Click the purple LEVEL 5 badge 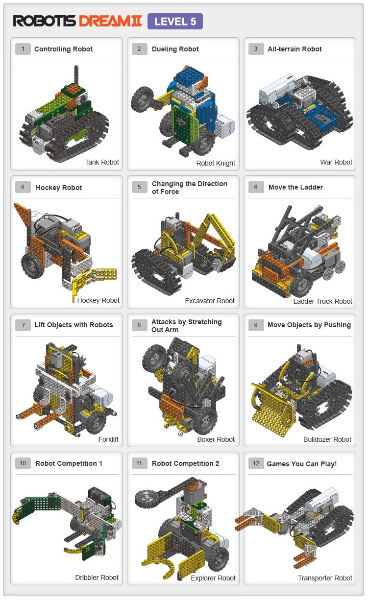pyautogui.click(x=175, y=21)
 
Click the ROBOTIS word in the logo pyautogui.click(x=45, y=21)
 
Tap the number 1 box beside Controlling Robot pyautogui.click(x=23, y=49)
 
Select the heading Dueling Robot pyautogui.click(x=175, y=49)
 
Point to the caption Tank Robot pyautogui.click(x=102, y=162)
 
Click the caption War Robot pyautogui.click(x=336, y=162)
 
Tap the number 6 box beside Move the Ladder pyautogui.click(x=256, y=187)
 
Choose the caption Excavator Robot pyautogui.click(x=210, y=301)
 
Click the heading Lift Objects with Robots pyautogui.click(x=74, y=325)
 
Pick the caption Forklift pyautogui.click(x=108, y=439)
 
